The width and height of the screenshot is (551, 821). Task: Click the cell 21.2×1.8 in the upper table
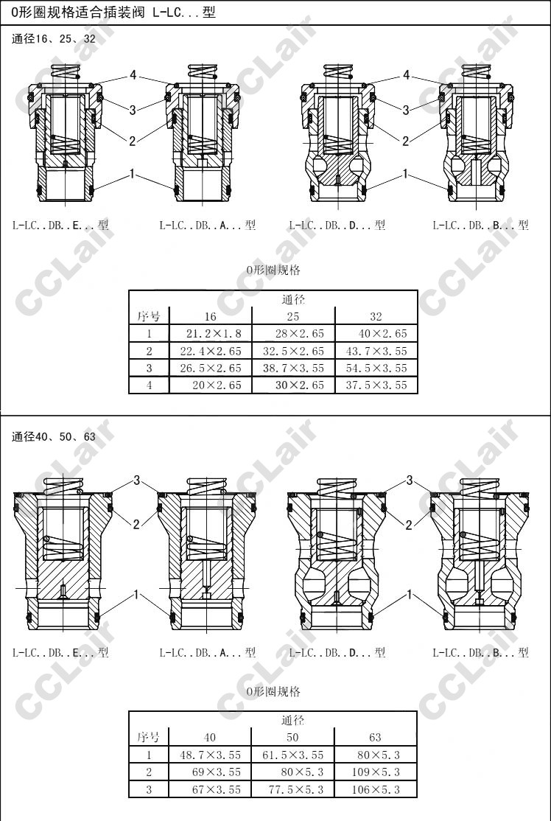click(x=211, y=334)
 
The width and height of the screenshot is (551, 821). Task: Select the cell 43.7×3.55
click(x=376, y=351)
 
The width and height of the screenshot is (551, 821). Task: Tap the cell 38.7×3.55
click(x=294, y=368)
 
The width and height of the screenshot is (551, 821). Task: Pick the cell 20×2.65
click(x=211, y=385)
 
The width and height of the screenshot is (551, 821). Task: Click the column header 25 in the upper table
click(x=293, y=316)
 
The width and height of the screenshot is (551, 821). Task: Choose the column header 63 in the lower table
click(x=375, y=737)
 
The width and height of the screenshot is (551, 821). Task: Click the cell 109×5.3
click(x=376, y=772)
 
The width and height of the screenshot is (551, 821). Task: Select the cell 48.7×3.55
click(x=211, y=755)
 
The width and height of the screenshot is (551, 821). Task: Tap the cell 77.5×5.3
click(x=293, y=789)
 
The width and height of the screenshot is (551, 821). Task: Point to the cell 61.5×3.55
click(x=293, y=755)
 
